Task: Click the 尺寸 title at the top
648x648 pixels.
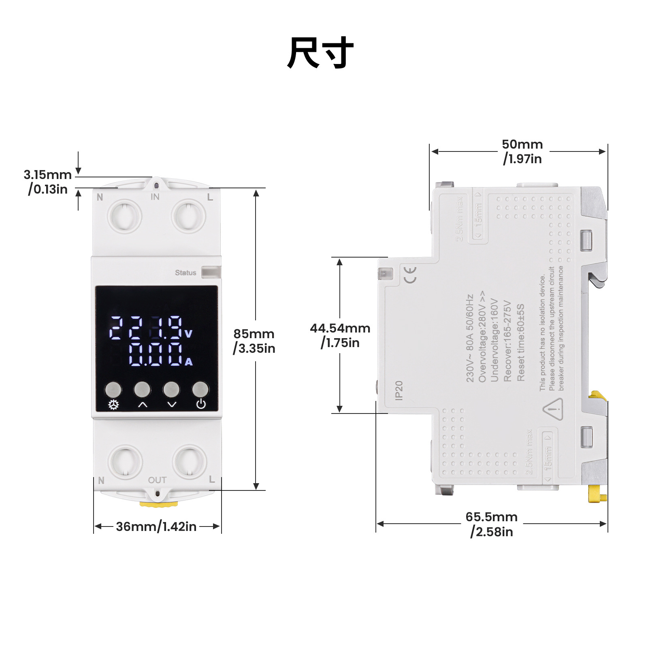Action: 320,53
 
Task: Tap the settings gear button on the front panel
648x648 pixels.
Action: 113,390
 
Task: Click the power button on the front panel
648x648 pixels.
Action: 200,390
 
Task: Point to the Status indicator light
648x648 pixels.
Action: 211,272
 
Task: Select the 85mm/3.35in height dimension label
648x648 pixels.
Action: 254,341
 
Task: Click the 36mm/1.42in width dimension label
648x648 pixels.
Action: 156,526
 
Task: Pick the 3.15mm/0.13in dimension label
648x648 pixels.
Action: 48,182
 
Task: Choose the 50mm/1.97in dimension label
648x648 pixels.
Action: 522,151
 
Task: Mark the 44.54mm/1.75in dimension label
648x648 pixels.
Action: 340,335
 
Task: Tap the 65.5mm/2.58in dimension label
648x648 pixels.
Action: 492,524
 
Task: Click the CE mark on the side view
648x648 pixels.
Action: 409,275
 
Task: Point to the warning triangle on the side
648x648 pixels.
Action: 553,409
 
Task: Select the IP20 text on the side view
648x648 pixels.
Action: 399,390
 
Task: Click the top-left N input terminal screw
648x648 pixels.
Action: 124,216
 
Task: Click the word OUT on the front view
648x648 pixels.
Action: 157,480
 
